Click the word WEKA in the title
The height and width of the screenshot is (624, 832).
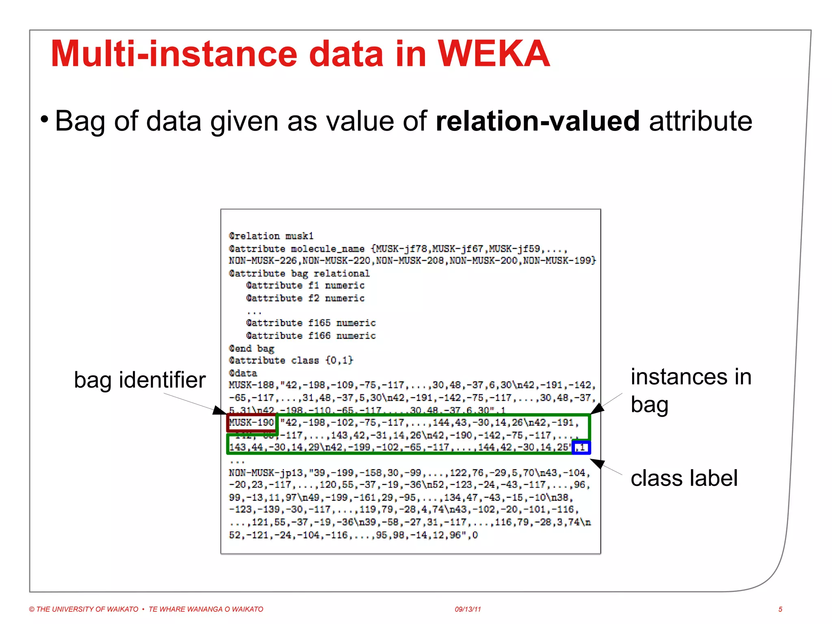pos(493,54)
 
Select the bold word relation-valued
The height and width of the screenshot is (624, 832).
pos(537,121)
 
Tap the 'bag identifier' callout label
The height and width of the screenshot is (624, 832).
pos(140,380)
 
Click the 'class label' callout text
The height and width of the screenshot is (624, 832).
pos(684,478)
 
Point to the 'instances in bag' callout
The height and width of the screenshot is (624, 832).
pos(690,390)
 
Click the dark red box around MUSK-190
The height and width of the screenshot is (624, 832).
pos(252,423)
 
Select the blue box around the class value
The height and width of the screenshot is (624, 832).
pos(581,447)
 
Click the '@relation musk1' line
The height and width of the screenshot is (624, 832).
pos(271,236)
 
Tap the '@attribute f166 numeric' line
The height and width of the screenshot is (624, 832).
pos(311,336)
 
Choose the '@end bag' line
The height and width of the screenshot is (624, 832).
pos(251,348)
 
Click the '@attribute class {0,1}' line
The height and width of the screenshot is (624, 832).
pos(291,360)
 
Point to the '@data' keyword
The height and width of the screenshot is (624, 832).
pos(243,373)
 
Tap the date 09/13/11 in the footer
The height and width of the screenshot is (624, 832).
pos(468,609)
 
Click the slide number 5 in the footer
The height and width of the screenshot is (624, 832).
pos(780,609)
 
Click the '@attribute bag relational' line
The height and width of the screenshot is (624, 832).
pos(299,273)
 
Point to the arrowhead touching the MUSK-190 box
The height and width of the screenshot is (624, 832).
pos(219,410)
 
